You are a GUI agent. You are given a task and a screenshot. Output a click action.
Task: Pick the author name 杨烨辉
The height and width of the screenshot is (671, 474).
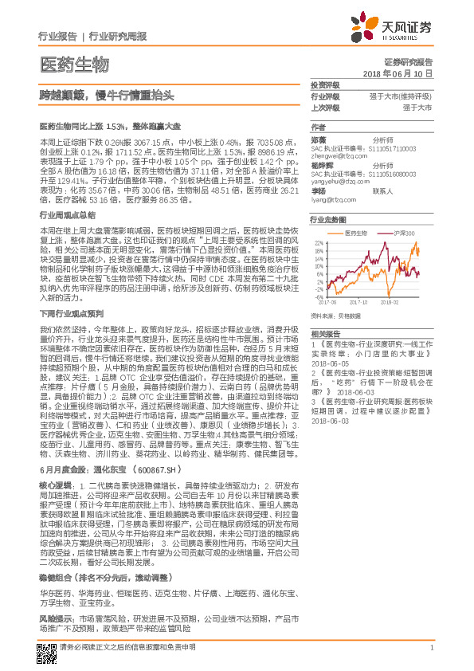[x=319, y=165]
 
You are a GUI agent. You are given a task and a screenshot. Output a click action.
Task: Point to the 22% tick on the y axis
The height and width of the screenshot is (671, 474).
[x=319, y=241]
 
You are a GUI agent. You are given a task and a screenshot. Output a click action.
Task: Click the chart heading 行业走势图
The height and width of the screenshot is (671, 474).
[x=328, y=218]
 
